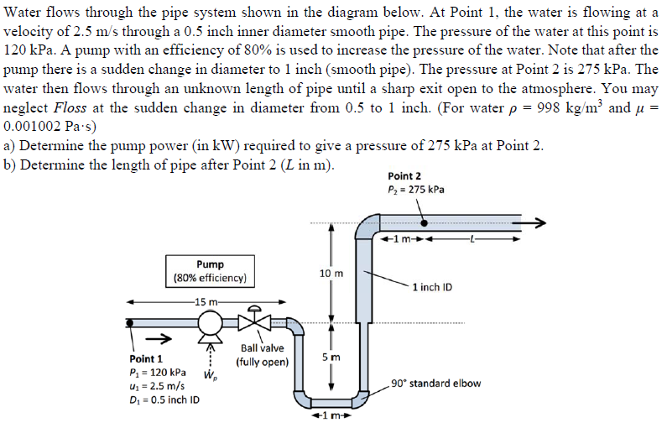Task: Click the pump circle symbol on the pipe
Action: [x=210, y=322]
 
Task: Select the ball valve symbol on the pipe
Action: [x=250, y=322]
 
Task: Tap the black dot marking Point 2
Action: [x=426, y=223]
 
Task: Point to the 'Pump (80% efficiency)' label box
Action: [x=210, y=270]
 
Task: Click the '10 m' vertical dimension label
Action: [x=331, y=274]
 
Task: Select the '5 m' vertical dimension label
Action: [x=332, y=359]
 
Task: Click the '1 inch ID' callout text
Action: [x=433, y=287]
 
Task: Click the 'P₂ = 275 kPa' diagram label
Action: [x=416, y=190]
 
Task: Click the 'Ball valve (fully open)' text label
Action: [x=262, y=355]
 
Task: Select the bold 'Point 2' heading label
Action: [x=406, y=176]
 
